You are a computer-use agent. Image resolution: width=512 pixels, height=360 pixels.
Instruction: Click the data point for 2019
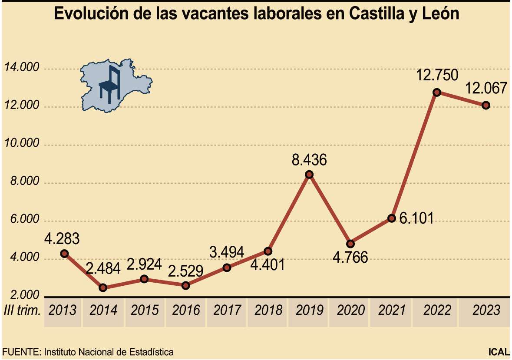pyautogui.click(x=309, y=175)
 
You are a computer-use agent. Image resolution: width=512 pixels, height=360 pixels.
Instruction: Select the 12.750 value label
pyautogui.click(x=437, y=76)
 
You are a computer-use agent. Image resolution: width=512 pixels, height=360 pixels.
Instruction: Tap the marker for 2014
pyautogui.click(x=103, y=287)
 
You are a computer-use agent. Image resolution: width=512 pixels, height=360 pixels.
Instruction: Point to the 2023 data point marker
pyautogui.click(x=486, y=105)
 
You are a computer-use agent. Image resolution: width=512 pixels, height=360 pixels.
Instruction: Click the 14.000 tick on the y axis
pyautogui.click(x=22, y=68)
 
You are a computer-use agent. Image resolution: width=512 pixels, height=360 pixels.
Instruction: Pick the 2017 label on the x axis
pyautogui.click(x=227, y=310)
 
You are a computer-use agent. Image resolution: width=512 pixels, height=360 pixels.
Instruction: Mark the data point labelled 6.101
pyautogui.click(x=392, y=218)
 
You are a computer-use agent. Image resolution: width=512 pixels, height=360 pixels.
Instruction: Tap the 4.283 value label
pyautogui.click(x=62, y=239)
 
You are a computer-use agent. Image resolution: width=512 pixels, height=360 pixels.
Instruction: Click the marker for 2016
pyautogui.click(x=186, y=285)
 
